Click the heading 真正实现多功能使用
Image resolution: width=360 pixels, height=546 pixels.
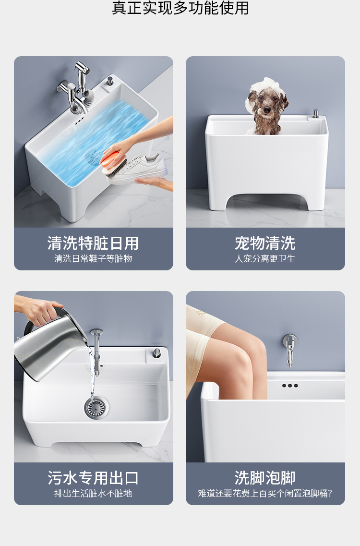click(x=180, y=8)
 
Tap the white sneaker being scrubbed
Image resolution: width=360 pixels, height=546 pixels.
click(x=138, y=169)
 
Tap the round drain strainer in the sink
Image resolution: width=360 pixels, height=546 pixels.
click(x=96, y=407)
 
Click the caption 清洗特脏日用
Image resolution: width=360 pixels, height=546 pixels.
click(x=93, y=243)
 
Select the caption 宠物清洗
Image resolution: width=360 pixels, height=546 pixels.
click(x=265, y=243)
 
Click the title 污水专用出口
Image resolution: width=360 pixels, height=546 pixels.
click(x=93, y=478)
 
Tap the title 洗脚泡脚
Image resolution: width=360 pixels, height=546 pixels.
click(x=265, y=478)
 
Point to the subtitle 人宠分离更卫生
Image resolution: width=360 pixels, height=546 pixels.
click(x=265, y=259)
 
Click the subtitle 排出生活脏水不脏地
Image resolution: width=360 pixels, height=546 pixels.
click(x=93, y=494)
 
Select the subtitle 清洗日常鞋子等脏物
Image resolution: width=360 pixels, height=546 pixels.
click(x=93, y=259)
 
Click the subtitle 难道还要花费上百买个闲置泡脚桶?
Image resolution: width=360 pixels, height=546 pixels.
click(x=265, y=494)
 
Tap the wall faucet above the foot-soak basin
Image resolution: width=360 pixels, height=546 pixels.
click(x=289, y=350)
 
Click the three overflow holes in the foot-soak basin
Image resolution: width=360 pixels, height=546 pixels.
click(x=289, y=386)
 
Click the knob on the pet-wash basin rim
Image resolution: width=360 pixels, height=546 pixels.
click(x=315, y=114)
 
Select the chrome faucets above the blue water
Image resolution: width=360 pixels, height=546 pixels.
click(x=77, y=89)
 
